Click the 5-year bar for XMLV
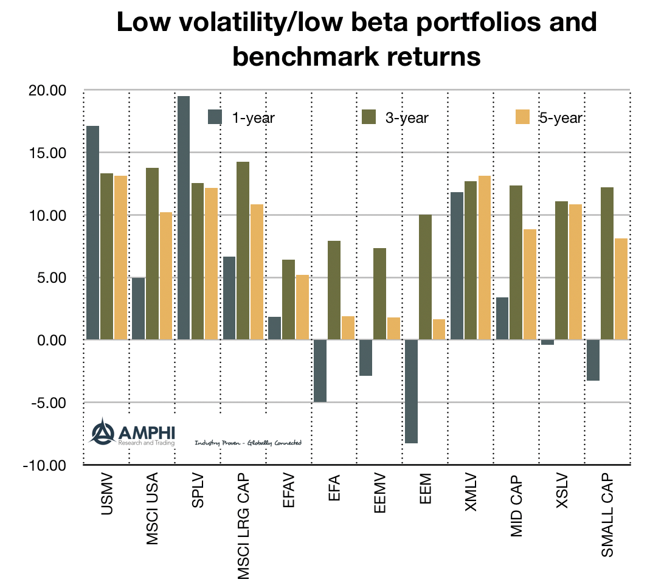click(484, 257)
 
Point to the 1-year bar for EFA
click(320, 370)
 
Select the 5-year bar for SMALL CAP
click(621, 289)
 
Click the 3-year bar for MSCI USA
click(152, 254)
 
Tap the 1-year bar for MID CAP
click(502, 318)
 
